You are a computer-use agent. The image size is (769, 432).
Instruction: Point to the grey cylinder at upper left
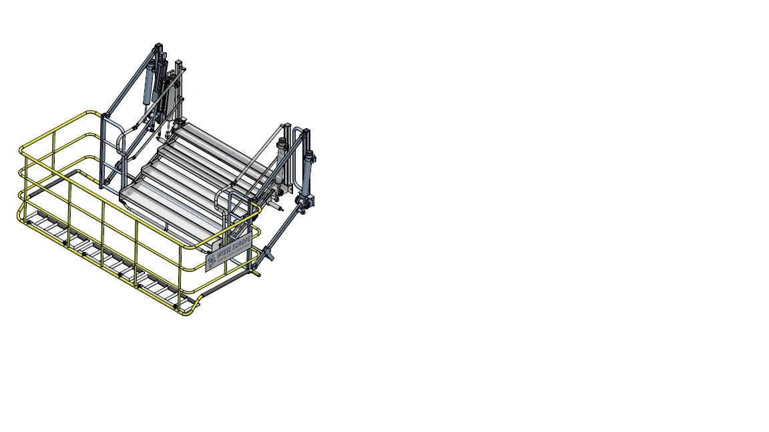click(148, 83)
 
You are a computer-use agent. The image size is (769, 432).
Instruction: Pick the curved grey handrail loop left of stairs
click(120, 143)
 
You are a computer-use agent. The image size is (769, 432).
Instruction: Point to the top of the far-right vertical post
click(306, 131)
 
